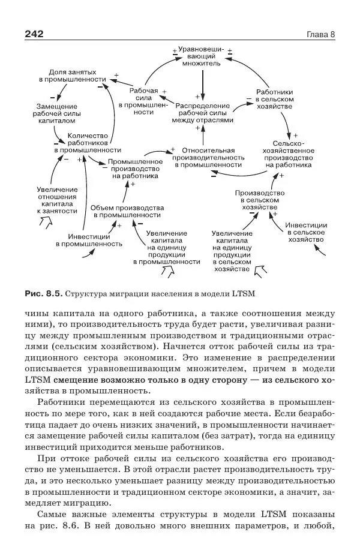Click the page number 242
[34, 34]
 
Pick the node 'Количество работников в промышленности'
[88, 143]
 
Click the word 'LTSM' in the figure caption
[244, 294]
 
